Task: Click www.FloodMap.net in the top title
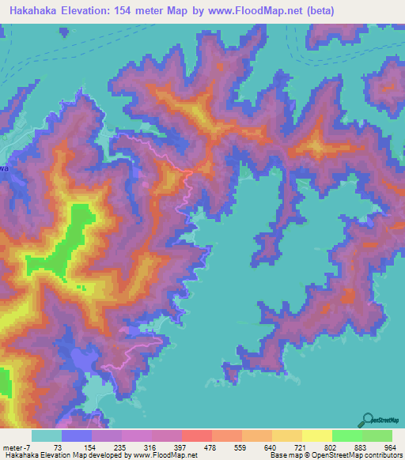pyautogui.click(x=252, y=11)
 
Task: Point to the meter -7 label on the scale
pyautogui.click(x=18, y=448)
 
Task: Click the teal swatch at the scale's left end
pyautogui.click(x=46, y=435)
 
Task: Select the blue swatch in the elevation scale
pyautogui.click(x=76, y=435)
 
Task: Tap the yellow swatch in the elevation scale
pyautogui.click(x=316, y=435)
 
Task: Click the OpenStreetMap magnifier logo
pyautogui.click(x=366, y=420)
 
